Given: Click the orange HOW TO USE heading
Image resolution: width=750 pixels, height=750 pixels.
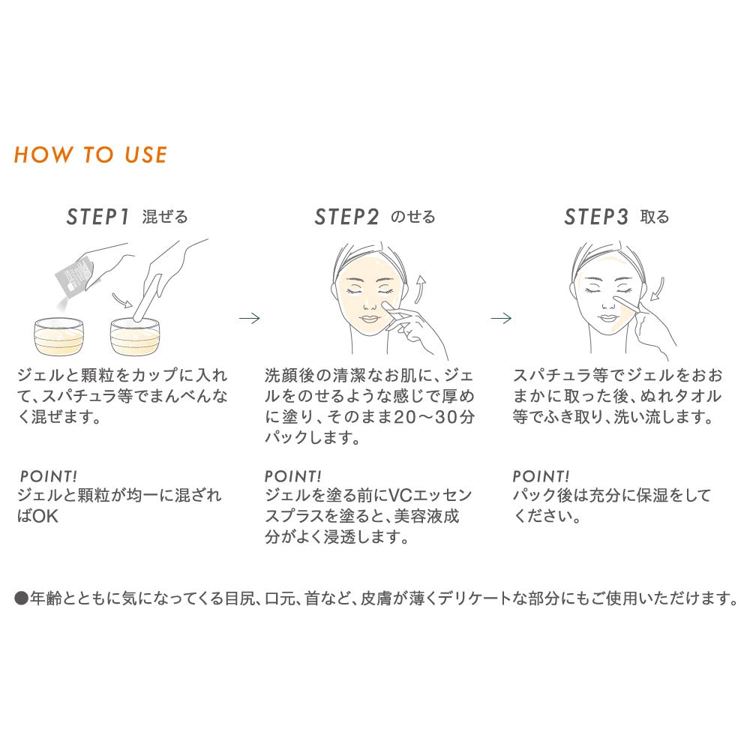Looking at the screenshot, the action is pos(91,155).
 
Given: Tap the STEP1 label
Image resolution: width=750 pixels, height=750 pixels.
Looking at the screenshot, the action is pos(98,217).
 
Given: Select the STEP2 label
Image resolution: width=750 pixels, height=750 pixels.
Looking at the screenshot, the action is pos(346,217).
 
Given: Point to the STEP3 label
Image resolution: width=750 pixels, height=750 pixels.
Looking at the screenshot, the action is pos(596,217).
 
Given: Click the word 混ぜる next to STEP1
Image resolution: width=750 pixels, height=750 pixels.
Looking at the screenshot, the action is pos(165,217).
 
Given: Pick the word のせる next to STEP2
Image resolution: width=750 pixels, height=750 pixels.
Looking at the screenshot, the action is pos(413,217).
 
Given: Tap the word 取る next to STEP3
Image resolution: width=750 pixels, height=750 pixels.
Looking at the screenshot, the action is pos(655,217).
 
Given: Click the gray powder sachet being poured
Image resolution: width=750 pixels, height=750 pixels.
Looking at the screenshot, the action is pos(73,275).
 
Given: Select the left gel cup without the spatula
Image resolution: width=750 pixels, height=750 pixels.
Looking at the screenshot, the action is pos(58,336).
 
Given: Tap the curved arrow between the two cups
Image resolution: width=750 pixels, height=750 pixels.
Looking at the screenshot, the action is pos(121,301).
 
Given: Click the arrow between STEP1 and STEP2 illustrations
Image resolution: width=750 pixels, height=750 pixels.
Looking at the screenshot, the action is pos(249,318).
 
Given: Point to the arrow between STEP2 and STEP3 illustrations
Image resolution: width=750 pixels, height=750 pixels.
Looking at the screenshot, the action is pos(501,318).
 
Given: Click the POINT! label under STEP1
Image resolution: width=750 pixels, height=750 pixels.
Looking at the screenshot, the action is pos(48,476).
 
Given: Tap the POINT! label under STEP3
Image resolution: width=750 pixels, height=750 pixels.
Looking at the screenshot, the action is pos(541,476).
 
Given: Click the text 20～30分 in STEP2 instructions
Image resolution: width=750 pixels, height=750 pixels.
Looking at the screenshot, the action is pos(433,417).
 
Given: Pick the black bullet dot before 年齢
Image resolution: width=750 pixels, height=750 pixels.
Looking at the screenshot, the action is pos(22,598).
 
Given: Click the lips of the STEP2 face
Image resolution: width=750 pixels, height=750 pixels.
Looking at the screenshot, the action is pos(369,319).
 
